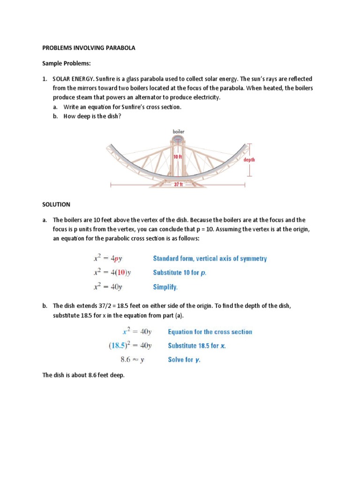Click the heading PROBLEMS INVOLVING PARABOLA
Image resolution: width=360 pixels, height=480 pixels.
coord(89,48)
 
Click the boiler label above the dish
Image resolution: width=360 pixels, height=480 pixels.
coord(179,132)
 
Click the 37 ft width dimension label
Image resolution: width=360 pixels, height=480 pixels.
coord(178,185)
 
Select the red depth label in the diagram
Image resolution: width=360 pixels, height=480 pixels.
coord(249,160)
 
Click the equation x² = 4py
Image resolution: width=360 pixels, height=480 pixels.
coord(107,258)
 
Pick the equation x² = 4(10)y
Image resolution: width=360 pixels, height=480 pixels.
coord(111,272)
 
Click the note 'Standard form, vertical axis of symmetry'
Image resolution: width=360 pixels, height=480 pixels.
coord(210,258)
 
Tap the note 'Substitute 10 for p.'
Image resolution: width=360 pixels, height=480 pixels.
coord(180,272)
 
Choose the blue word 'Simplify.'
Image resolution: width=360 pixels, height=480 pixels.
coord(165,286)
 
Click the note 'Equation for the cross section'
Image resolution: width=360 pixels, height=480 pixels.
coord(210,332)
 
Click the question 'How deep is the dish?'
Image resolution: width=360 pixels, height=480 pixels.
coord(92,116)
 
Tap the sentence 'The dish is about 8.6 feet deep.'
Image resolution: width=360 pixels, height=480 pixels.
coord(83,376)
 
